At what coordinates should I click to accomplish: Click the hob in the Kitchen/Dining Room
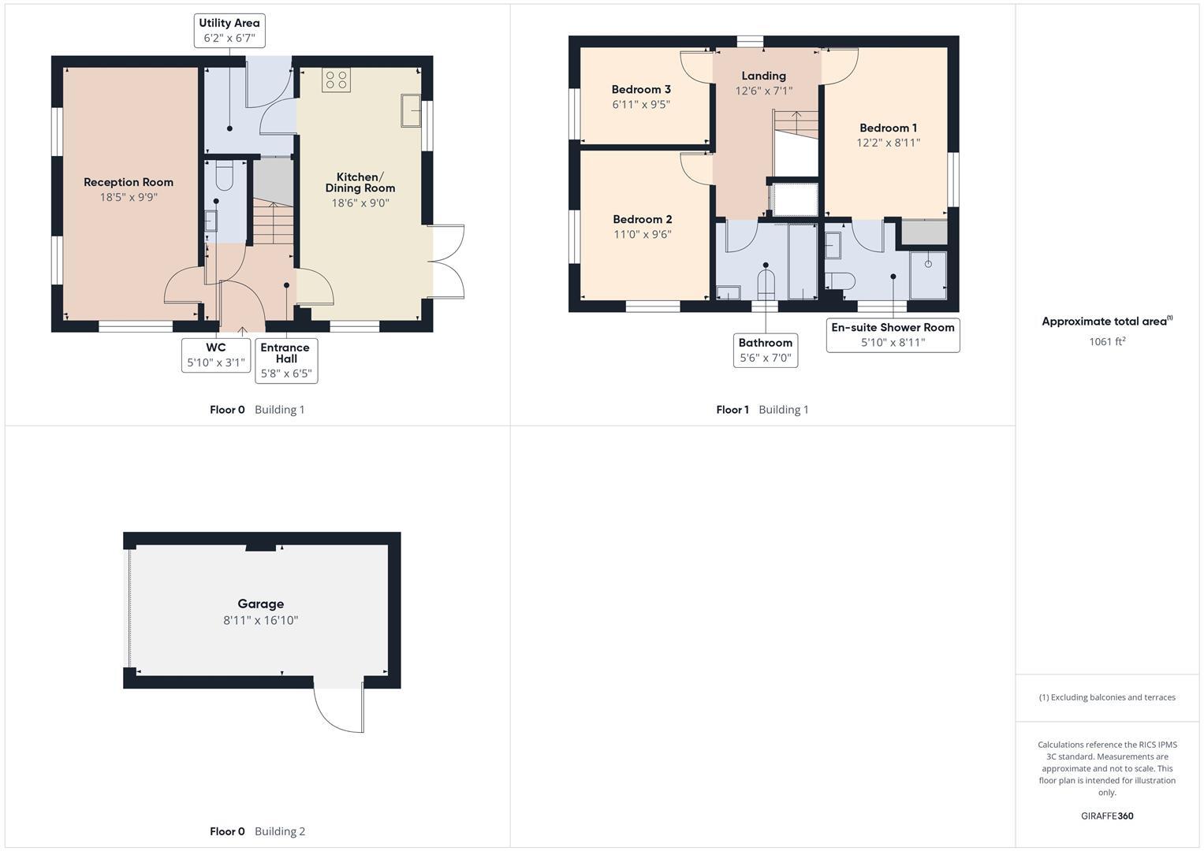pyautogui.click(x=337, y=80)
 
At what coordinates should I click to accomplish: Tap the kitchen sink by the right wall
pyautogui.click(x=411, y=110)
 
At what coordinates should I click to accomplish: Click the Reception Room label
pyautogui.click(x=129, y=182)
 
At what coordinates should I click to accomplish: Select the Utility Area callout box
pyautogui.click(x=229, y=31)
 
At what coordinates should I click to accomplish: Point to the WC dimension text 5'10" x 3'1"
pyautogui.click(x=216, y=363)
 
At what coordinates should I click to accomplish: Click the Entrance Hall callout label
pyautogui.click(x=286, y=353)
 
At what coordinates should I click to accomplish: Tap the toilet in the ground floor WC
pyautogui.click(x=224, y=177)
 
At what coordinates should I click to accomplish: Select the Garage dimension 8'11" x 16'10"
pyautogui.click(x=260, y=620)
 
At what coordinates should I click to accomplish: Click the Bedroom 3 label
pyautogui.click(x=641, y=89)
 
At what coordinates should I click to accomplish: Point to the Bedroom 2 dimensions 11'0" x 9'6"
pyautogui.click(x=643, y=234)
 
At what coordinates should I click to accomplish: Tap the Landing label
pyautogui.click(x=763, y=76)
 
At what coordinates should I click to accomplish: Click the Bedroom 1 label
pyautogui.click(x=888, y=128)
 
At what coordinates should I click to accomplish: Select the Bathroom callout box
pyautogui.click(x=765, y=350)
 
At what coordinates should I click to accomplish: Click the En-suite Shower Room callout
pyautogui.click(x=893, y=335)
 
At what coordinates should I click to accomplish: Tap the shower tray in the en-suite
pyautogui.click(x=928, y=274)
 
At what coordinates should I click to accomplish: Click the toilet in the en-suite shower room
pyautogui.click(x=840, y=281)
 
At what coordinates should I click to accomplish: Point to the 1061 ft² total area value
pyautogui.click(x=1106, y=342)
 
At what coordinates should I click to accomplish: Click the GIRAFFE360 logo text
pyautogui.click(x=1106, y=816)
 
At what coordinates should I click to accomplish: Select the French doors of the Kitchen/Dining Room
pyautogui.click(x=446, y=262)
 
